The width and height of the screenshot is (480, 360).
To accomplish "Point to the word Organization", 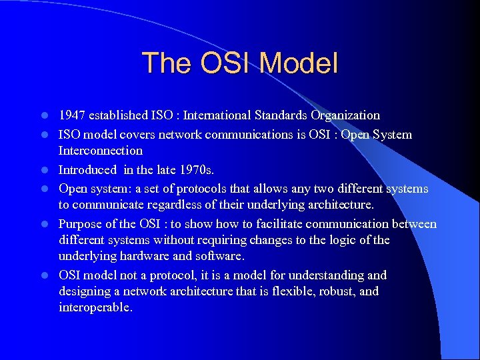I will pos(338,115).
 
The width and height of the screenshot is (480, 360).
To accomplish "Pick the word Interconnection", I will pos(101,151).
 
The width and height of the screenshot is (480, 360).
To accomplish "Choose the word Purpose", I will pos(81,224).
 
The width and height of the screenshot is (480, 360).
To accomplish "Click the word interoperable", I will pos(95,308).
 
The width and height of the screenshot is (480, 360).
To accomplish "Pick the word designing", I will pos(85,291).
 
